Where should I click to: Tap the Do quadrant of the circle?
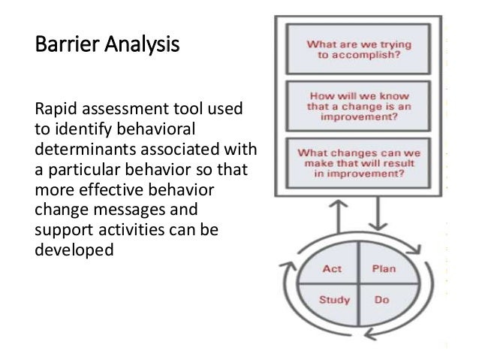pos(381,301)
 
